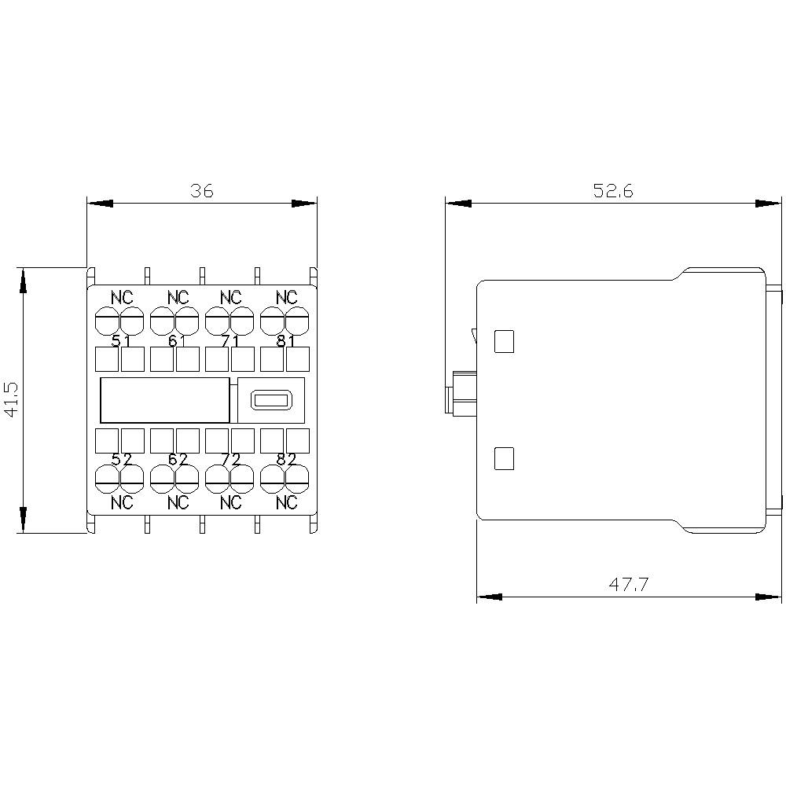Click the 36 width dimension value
pyautogui.click(x=202, y=191)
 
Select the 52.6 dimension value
pyautogui.click(x=613, y=191)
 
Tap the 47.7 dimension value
pyautogui.click(x=628, y=584)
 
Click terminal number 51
pyautogui.click(x=121, y=341)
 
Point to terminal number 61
pyautogui.click(x=176, y=341)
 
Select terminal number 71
pyautogui.click(x=230, y=341)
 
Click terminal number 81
pyautogui.click(x=285, y=341)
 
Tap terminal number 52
pyautogui.click(x=121, y=460)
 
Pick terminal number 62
pyautogui.click(x=176, y=460)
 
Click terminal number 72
pyautogui.click(x=230, y=460)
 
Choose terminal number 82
pyautogui.click(x=285, y=460)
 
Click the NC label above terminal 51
pyautogui.click(x=122, y=298)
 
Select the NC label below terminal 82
pyautogui.click(x=287, y=502)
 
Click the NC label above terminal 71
pyautogui.click(x=230, y=298)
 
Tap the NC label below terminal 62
pyautogui.click(x=178, y=502)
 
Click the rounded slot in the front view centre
pyautogui.click(x=270, y=400)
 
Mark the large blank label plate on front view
pyautogui.click(x=164, y=400)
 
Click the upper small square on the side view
pyautogui.click(x=503, y=340)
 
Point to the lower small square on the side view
pyautogui.click(x=503, y=458)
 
